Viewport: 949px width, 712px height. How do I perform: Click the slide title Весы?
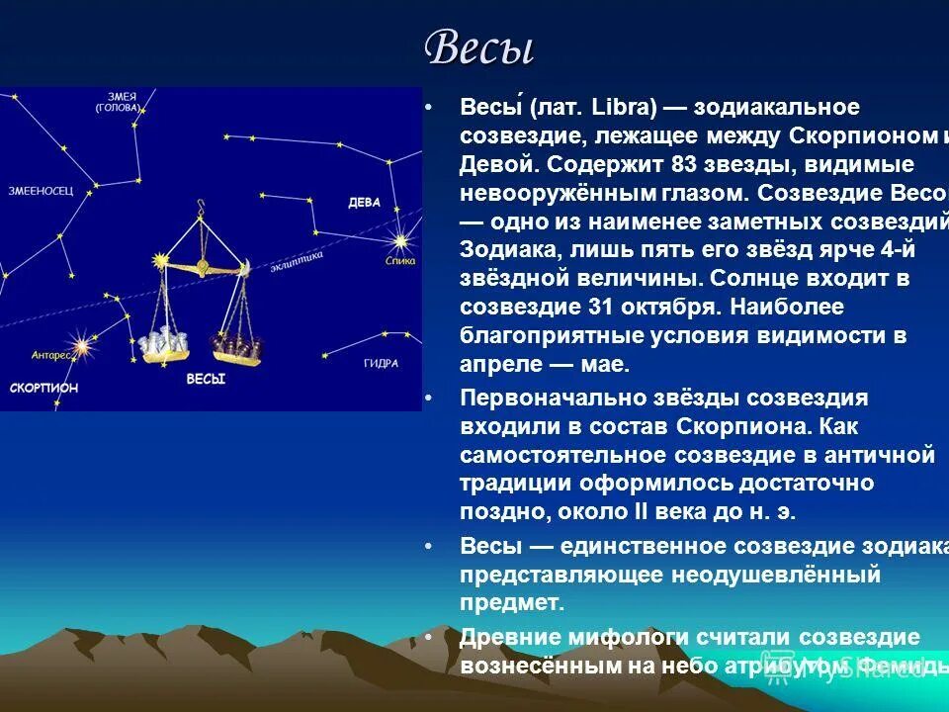tap(478, 47)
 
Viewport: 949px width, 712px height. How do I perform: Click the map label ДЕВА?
tap(364, 203)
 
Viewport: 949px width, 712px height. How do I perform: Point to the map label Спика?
tap(400, 261)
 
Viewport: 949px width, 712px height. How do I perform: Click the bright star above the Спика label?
tap(400, 240)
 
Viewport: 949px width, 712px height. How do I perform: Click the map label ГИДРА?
tap(381, 363)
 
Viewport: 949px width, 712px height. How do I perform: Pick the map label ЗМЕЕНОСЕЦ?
tap(40, 190)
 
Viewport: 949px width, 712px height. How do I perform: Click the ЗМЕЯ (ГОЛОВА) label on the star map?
tap(118, 102)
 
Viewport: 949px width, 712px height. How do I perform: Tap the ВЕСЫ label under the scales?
tap(206, 379)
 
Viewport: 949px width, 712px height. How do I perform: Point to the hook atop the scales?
tap(202, 209)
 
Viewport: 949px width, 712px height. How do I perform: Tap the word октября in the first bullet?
tap(692, 307)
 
